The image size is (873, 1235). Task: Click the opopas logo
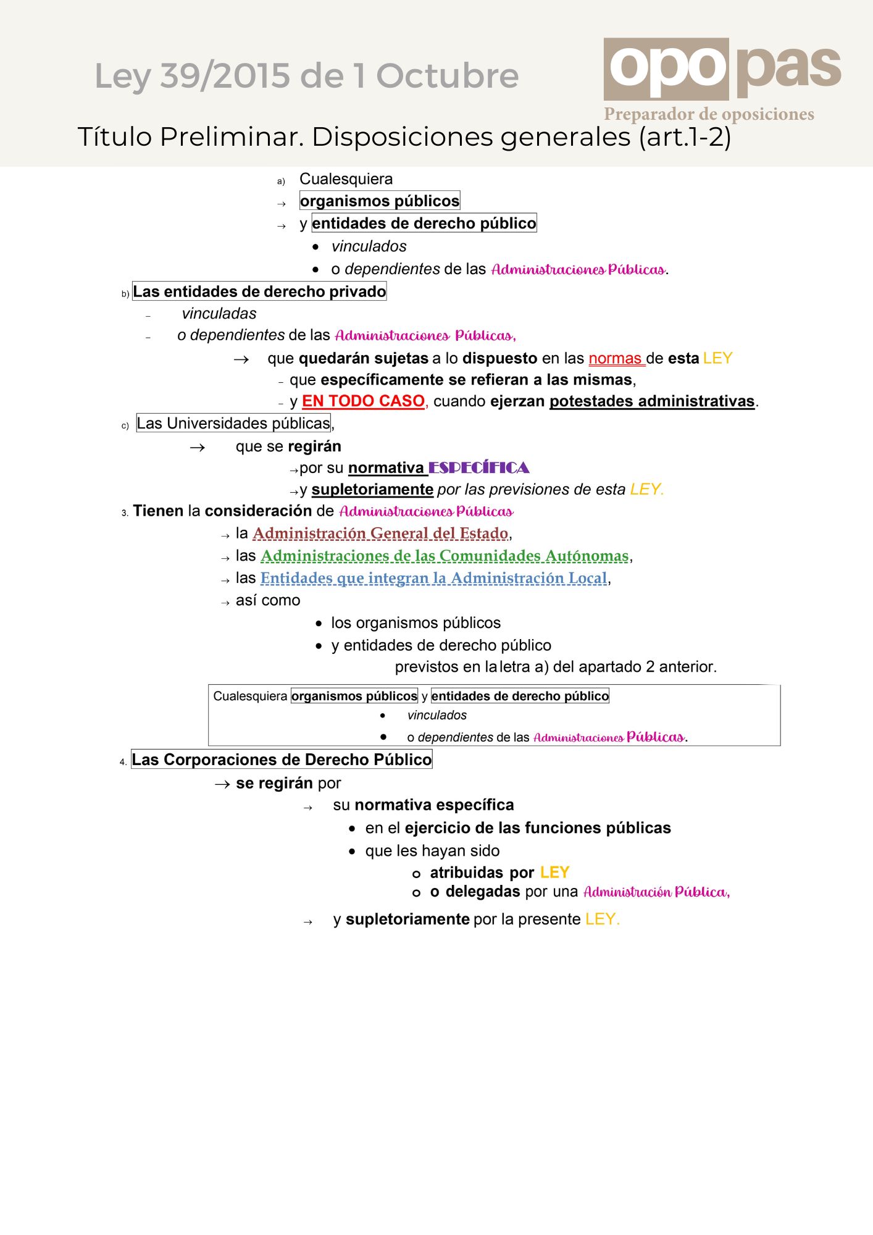[x=722, y=69]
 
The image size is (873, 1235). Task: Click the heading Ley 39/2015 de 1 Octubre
[x=306, y=76]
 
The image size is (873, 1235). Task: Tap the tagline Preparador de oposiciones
[x=709, y=114]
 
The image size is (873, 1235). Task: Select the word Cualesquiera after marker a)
[x=346, y=179]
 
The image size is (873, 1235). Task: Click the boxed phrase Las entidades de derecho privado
[x=259, y=291]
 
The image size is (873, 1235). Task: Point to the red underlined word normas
[x=616, y=359]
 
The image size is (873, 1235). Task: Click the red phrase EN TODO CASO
[x=363, y=401]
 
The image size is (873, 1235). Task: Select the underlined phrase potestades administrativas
[x=652, y=401]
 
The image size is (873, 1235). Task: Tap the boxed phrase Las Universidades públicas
[x=234, y=424]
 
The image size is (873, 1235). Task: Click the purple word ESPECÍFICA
[x=479, y=468]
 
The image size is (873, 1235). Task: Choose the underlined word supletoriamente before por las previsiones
[x=372, y=490]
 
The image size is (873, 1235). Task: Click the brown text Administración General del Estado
[x=380, y=534]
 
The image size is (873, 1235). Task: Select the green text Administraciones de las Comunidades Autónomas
[x=445, y=556]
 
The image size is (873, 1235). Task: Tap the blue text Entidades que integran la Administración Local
[x=433, y=579]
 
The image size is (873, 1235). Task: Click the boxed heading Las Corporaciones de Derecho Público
[x=282, y=760]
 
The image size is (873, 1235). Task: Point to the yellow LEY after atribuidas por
[x=554, y=873]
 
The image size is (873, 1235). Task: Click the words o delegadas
[x=475, y=892]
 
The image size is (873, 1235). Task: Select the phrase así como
[x=268, y=601]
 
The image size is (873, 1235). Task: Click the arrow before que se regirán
[x=198, y=448]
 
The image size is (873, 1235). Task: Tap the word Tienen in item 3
[x=158, y=511]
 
